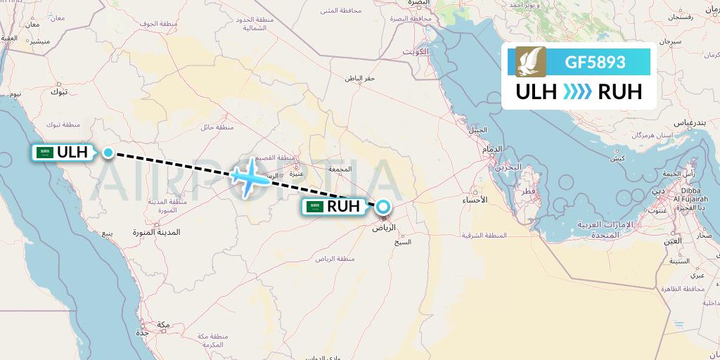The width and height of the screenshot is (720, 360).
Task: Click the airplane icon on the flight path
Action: click(250, 176)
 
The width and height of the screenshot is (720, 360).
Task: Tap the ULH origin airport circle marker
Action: click(108, 152)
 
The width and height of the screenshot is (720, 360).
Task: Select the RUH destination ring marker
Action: click(383, 207)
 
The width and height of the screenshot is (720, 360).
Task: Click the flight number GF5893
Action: click(595, 62)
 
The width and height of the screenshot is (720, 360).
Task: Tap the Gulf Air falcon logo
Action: click(531, 62)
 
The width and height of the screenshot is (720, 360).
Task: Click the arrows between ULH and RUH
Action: click(577, 92)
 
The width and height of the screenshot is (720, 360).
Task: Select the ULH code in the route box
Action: click(536, 92)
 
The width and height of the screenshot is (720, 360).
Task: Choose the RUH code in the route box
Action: click(619, 92)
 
